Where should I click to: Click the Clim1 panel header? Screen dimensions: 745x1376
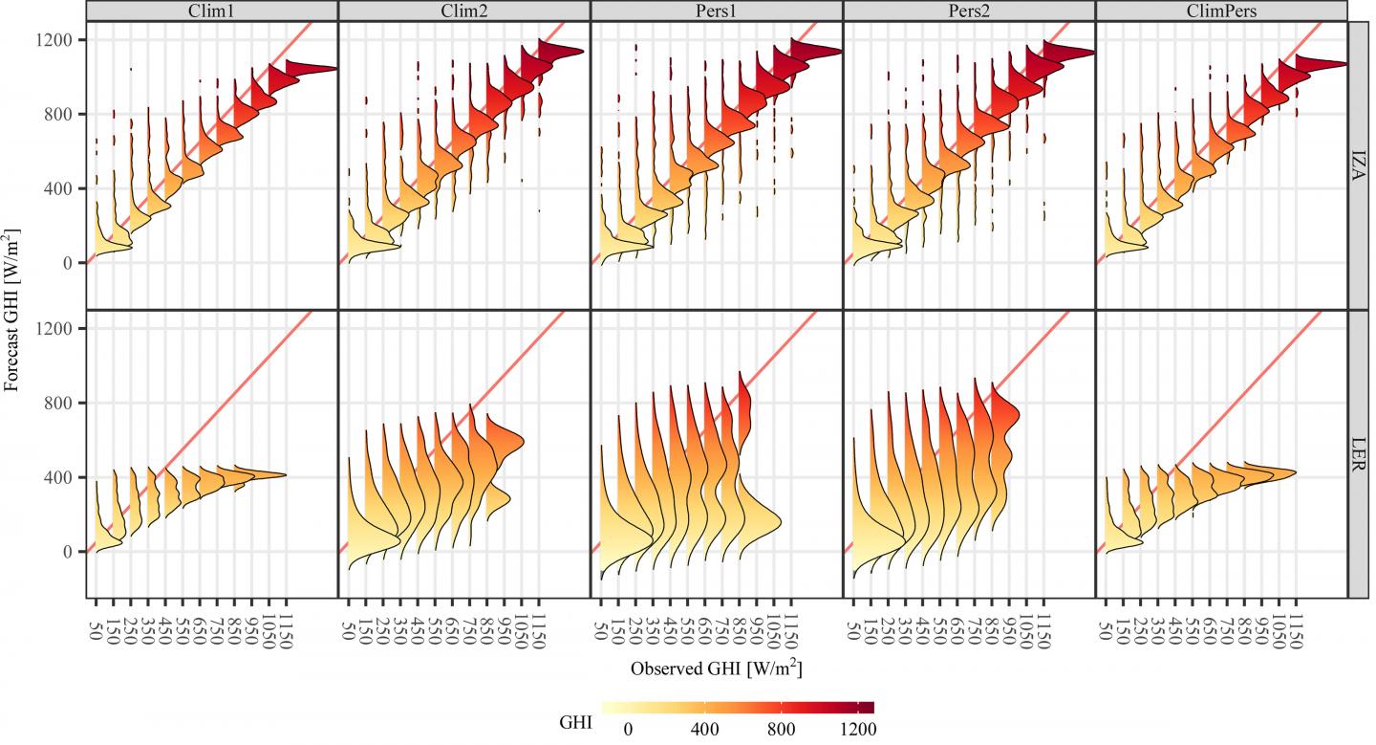coord(211,10)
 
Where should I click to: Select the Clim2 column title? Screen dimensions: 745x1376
coord(464,10)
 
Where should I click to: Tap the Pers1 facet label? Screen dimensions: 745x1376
coord(717,10)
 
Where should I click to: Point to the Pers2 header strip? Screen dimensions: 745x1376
coord(969,10)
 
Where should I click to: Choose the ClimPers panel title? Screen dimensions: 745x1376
coord(1221,10)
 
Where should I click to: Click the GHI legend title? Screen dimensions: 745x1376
coord(574,724)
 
